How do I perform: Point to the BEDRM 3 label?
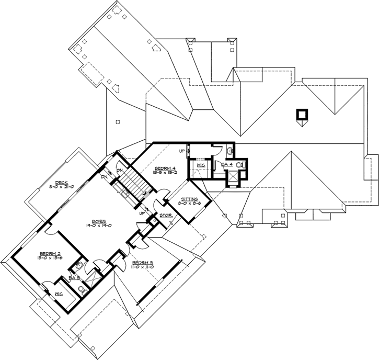142,262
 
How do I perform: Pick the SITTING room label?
189,199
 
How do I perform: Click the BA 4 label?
226,165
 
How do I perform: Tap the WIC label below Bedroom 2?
59,294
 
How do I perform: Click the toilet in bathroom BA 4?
240,165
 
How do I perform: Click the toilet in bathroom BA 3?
79,266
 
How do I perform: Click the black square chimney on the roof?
301,114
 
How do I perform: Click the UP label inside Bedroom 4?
181,151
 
